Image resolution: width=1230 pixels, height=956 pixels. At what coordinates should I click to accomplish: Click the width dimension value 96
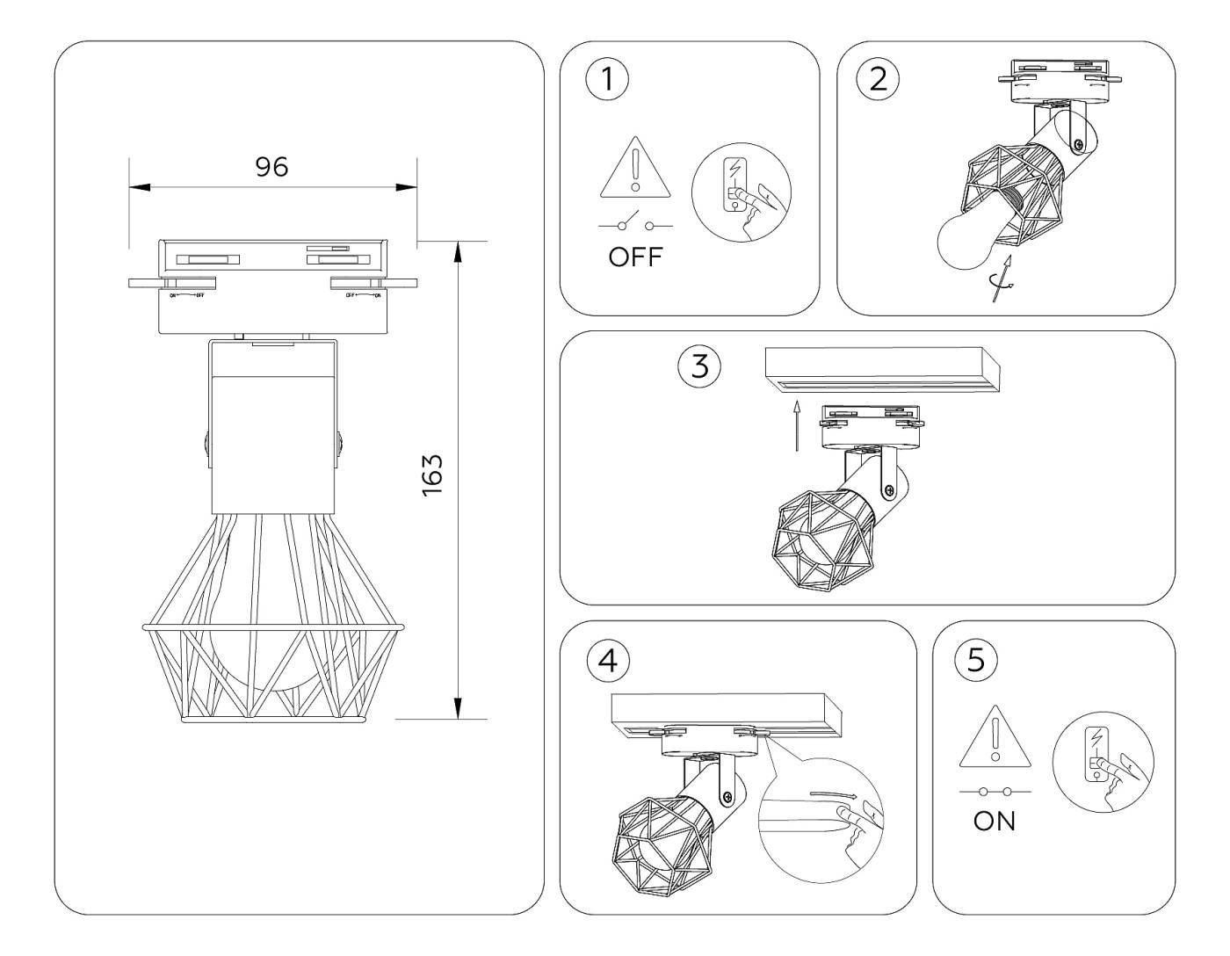click(271, 166)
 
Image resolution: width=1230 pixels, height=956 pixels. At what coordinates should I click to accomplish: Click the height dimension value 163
click(431, 476)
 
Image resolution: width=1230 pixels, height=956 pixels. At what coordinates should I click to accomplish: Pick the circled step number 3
click(699, 366)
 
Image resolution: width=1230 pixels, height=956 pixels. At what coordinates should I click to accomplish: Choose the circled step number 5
click(975, 661)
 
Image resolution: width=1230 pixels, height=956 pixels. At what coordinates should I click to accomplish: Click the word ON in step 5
click(995, 822)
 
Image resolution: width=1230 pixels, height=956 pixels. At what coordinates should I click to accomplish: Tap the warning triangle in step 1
click(634, 170)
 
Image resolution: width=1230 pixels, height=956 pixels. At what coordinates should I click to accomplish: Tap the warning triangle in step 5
click(995, 735)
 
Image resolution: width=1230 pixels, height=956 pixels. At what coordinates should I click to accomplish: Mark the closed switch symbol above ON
click(995, 791)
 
